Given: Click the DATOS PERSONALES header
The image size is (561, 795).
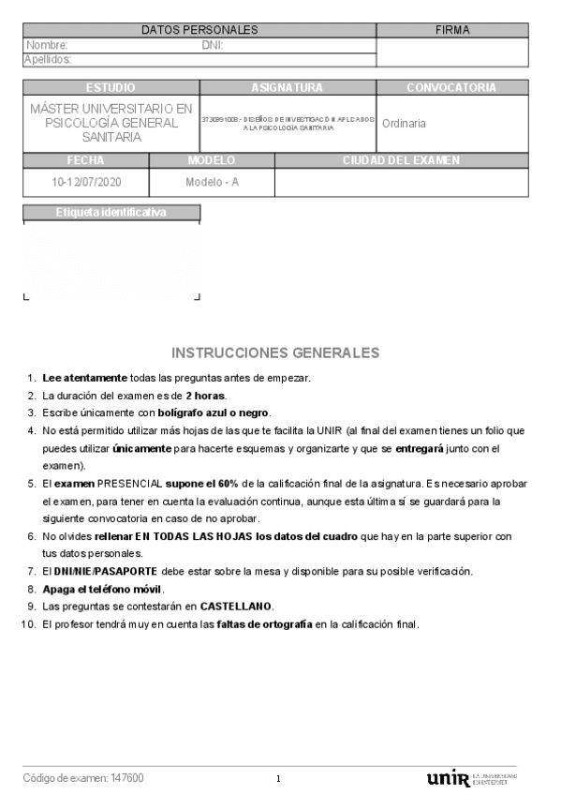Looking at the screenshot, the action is pyautogui.click(x=199, y=30).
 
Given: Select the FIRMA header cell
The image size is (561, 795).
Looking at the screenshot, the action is pyautogui.click(x=452, y=30).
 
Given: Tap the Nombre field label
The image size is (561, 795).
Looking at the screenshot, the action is pyautogui.click(x=47, y=45).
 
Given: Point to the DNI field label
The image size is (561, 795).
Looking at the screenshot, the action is pyautogui.click(x=212, y=45).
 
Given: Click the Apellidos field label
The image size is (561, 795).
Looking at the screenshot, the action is pyautogui.click(x=48, y=60).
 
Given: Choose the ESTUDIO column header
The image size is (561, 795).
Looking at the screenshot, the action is pyautogui.click(x=111, y=87).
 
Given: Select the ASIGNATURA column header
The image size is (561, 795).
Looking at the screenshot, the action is pyautogui.click(x=287, y=87).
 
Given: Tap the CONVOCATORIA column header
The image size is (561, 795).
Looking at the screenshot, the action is pyautogui.click(x=451, y=87).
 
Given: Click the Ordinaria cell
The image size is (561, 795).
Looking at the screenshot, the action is pyautogui.click(x=404, y=123).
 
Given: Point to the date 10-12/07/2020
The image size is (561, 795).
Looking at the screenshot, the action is pyautogui.click(x=86, y=182).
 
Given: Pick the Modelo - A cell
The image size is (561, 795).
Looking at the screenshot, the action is pyautogui.click(x=212, y=182).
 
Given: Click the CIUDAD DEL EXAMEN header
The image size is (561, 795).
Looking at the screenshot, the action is pyautogui.click(x=401, y=160).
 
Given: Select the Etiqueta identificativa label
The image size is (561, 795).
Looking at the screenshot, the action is pyautogui.click(x=111, y=212).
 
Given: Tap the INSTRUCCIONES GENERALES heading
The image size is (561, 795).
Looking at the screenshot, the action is pyautogui.click(x=275, y=352).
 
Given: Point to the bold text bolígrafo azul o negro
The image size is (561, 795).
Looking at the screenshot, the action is pyautogui.click(x=214, y=412).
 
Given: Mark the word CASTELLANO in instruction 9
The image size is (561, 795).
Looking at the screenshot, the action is pyautogui.click(x=237, y=607).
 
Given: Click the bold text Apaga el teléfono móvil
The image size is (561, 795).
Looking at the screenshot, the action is pyautogui.click(x=103, y=589).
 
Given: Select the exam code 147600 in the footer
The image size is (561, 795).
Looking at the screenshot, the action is pyautogui.click(x=126, y=778).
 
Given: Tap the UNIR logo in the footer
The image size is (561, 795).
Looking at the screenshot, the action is pyautogui.click(x=447, y=778).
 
